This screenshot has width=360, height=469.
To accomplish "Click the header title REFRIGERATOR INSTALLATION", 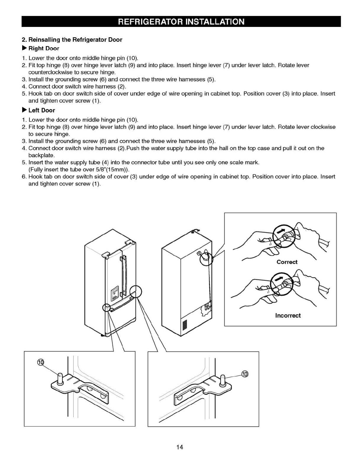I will coord(181,22).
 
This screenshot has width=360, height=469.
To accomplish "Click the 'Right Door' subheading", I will coord(43,49).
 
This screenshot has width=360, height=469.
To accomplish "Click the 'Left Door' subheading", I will coord(41,110).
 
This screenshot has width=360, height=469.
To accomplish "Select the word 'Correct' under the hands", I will coord(287,262).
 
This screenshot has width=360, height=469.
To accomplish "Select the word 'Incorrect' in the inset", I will coord(288,315).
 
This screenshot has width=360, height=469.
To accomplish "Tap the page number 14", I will coord(180,447).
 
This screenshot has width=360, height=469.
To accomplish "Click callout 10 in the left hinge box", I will coord(41,362).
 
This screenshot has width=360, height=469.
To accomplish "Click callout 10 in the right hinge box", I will coord(245,374).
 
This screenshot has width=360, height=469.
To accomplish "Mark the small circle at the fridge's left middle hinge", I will coord(106,307).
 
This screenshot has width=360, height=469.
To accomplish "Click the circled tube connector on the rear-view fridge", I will coord(206,256).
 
